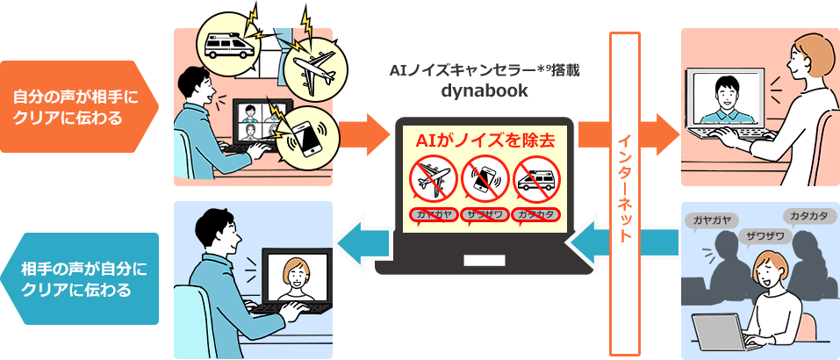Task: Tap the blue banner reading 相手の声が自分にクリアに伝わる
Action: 77,278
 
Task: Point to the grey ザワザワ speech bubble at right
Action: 765,236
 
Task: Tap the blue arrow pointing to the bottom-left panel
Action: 363,241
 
